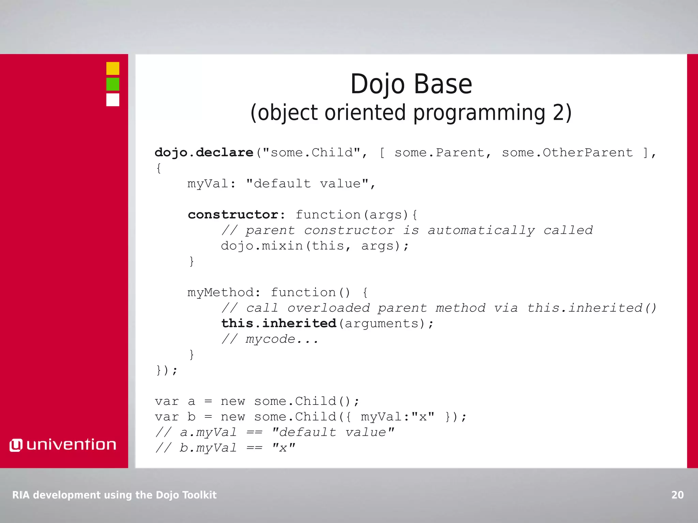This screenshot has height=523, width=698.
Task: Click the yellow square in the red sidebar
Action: coord(113,68)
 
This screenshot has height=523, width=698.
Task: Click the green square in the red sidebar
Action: coord(113,84)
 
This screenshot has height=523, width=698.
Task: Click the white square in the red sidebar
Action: coord(113,100)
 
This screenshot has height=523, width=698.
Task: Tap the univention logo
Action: coord(63,445)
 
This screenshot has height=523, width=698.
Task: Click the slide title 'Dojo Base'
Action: coord(411,84)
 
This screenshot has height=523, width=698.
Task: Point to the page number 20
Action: coord(677,495)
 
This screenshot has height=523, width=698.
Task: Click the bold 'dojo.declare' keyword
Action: coord(204,153)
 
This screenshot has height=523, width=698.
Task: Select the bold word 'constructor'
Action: coord(233,215)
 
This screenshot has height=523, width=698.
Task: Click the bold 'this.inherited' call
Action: coord(279,323)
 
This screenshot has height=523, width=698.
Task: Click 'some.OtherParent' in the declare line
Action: coord(567,153)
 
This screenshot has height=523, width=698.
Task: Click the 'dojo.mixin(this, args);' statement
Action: coord(315,245)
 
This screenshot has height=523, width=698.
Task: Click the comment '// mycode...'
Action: coord(270,339)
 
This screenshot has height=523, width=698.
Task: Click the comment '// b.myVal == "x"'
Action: coord(225,448)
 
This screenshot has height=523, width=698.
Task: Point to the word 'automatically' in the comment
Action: coord(481,230)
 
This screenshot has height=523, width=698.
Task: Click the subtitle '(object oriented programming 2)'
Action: coord(411,113)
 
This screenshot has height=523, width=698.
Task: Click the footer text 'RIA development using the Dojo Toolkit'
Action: coord(115,495)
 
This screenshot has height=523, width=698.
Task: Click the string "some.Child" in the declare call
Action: coord(312,153)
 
